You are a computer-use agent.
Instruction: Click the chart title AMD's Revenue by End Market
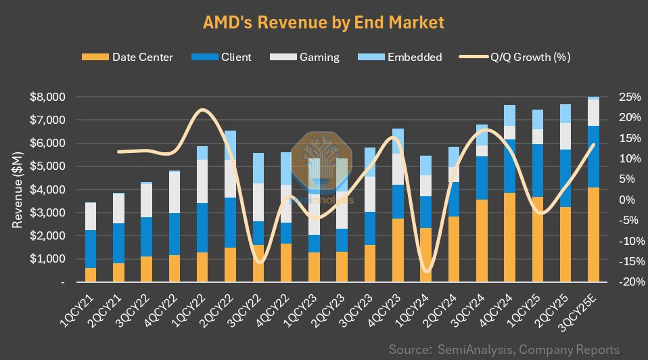coord(323,22)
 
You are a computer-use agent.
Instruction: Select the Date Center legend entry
coord(142,57)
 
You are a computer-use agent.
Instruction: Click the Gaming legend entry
coord(320,57)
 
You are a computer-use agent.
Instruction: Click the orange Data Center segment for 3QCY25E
coord(593,234)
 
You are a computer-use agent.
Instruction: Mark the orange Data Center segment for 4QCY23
coord(398,250)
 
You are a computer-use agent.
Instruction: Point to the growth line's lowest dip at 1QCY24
coord(426,271)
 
